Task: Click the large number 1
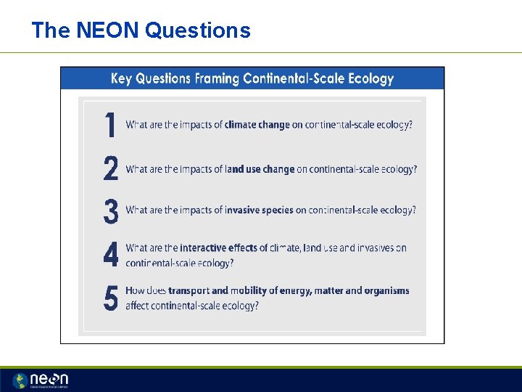(x=110, y=125)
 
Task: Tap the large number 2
(x=110, y=169)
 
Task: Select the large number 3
(x=110, y=211)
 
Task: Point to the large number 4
(x=110, y=255)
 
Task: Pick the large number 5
(x=110, y=298)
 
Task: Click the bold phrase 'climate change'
(x=257, y=125)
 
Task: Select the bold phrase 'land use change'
(x=260, y=169)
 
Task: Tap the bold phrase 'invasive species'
(x=259, y=211)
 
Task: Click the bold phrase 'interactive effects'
(x=218, y=248)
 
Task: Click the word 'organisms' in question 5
(x=386, y=291)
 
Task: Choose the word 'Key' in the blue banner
(x=122, y=78)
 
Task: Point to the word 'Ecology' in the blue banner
(x=370, y=78)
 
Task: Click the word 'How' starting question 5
(x=135, y=291)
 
